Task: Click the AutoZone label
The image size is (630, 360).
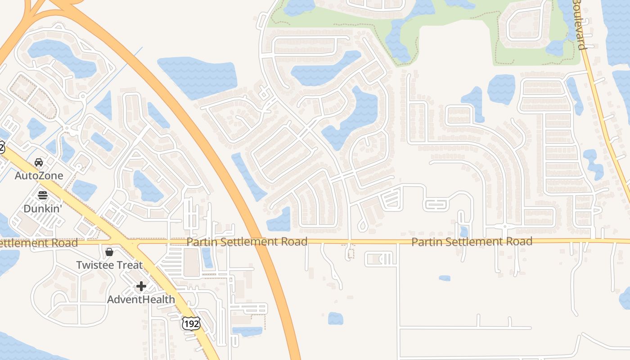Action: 39,175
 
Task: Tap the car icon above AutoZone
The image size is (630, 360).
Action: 39,162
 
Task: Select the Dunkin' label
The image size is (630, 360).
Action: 43,208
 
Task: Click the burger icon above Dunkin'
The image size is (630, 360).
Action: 43,195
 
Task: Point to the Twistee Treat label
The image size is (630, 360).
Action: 109,265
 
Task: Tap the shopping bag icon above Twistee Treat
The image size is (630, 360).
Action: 109,252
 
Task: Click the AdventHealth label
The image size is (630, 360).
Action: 141,299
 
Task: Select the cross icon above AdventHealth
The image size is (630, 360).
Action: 141,286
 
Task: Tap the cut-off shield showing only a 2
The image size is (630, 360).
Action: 1,147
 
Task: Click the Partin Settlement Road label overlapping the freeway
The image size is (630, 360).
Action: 247,242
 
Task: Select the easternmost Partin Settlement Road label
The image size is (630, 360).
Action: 472,242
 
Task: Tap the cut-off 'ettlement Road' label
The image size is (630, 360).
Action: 38,243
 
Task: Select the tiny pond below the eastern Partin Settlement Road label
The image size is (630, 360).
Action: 444,278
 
